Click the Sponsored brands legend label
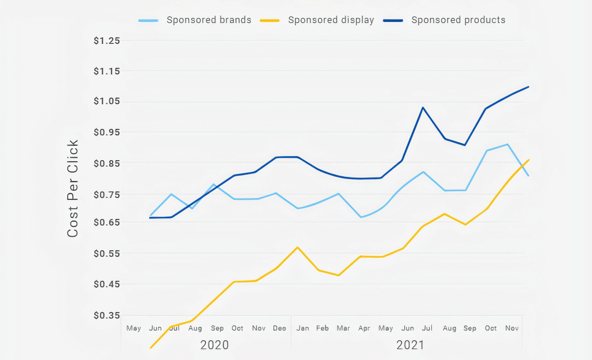click(209, 20)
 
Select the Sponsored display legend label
click(331, 20)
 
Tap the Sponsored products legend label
click(458, 20)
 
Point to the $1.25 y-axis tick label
click(107, 40)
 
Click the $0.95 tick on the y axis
click(107, 132)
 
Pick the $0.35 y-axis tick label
click(107, 315)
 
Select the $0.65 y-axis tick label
click(107, 222)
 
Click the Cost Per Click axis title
click(72, 188)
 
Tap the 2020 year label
click(214, 345)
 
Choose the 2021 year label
click(410, 345)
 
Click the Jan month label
click(302, 328)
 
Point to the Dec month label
click(279, 328)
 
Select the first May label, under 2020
click(134, 328)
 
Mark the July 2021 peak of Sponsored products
click(423, 107)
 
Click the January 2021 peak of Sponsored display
click(298, 247)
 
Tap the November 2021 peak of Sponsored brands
click(508, 144)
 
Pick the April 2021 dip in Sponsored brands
click(361, 217)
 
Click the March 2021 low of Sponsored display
click(338, 275)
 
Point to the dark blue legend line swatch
click(393, 20)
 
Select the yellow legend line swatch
click(269, 20)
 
